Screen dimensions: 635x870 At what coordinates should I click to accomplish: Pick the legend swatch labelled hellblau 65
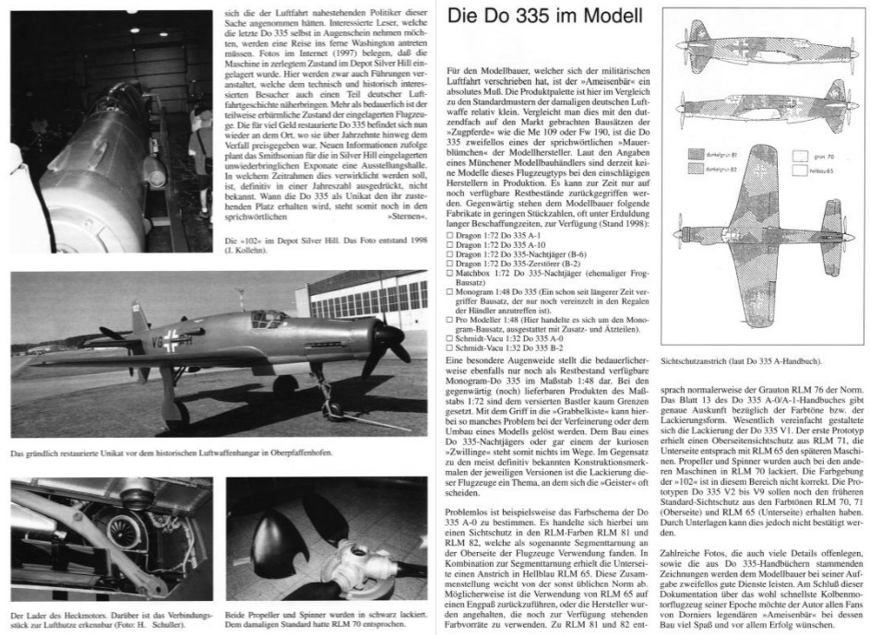pyautogui.click(x=808, y=171)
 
